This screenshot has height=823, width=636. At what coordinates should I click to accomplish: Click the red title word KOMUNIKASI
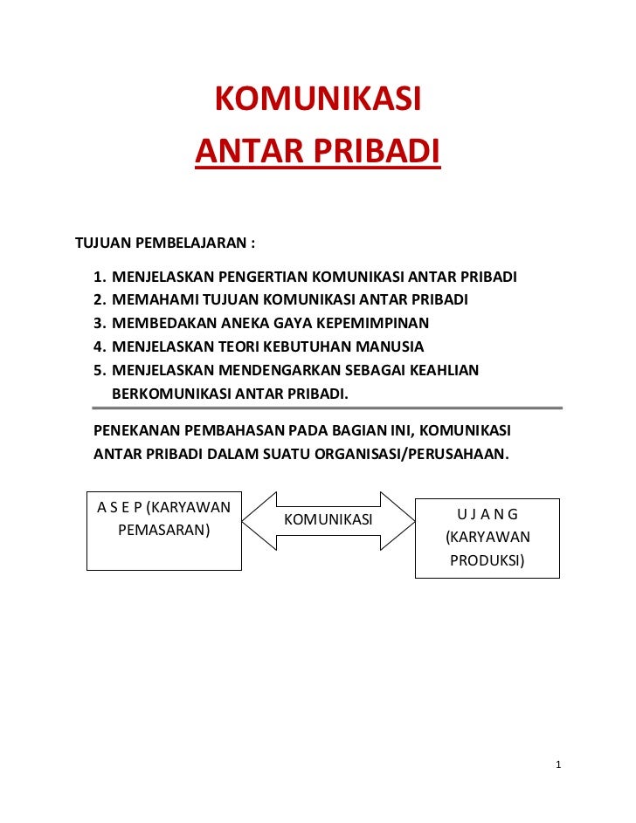(318, 100)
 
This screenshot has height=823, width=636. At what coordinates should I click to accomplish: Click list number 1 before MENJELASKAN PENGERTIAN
(100, 278)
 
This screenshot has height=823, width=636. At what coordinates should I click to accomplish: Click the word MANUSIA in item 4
(391, 346)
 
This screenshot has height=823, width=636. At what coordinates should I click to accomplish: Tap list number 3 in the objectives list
(100, 323)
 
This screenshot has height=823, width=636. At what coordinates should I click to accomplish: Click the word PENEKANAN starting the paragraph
(136, 430)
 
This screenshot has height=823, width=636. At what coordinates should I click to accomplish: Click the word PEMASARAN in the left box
(163, 529)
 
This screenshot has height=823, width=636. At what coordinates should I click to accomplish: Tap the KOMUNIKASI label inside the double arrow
(328, 520)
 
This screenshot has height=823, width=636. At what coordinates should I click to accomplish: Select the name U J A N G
(487, 514)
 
